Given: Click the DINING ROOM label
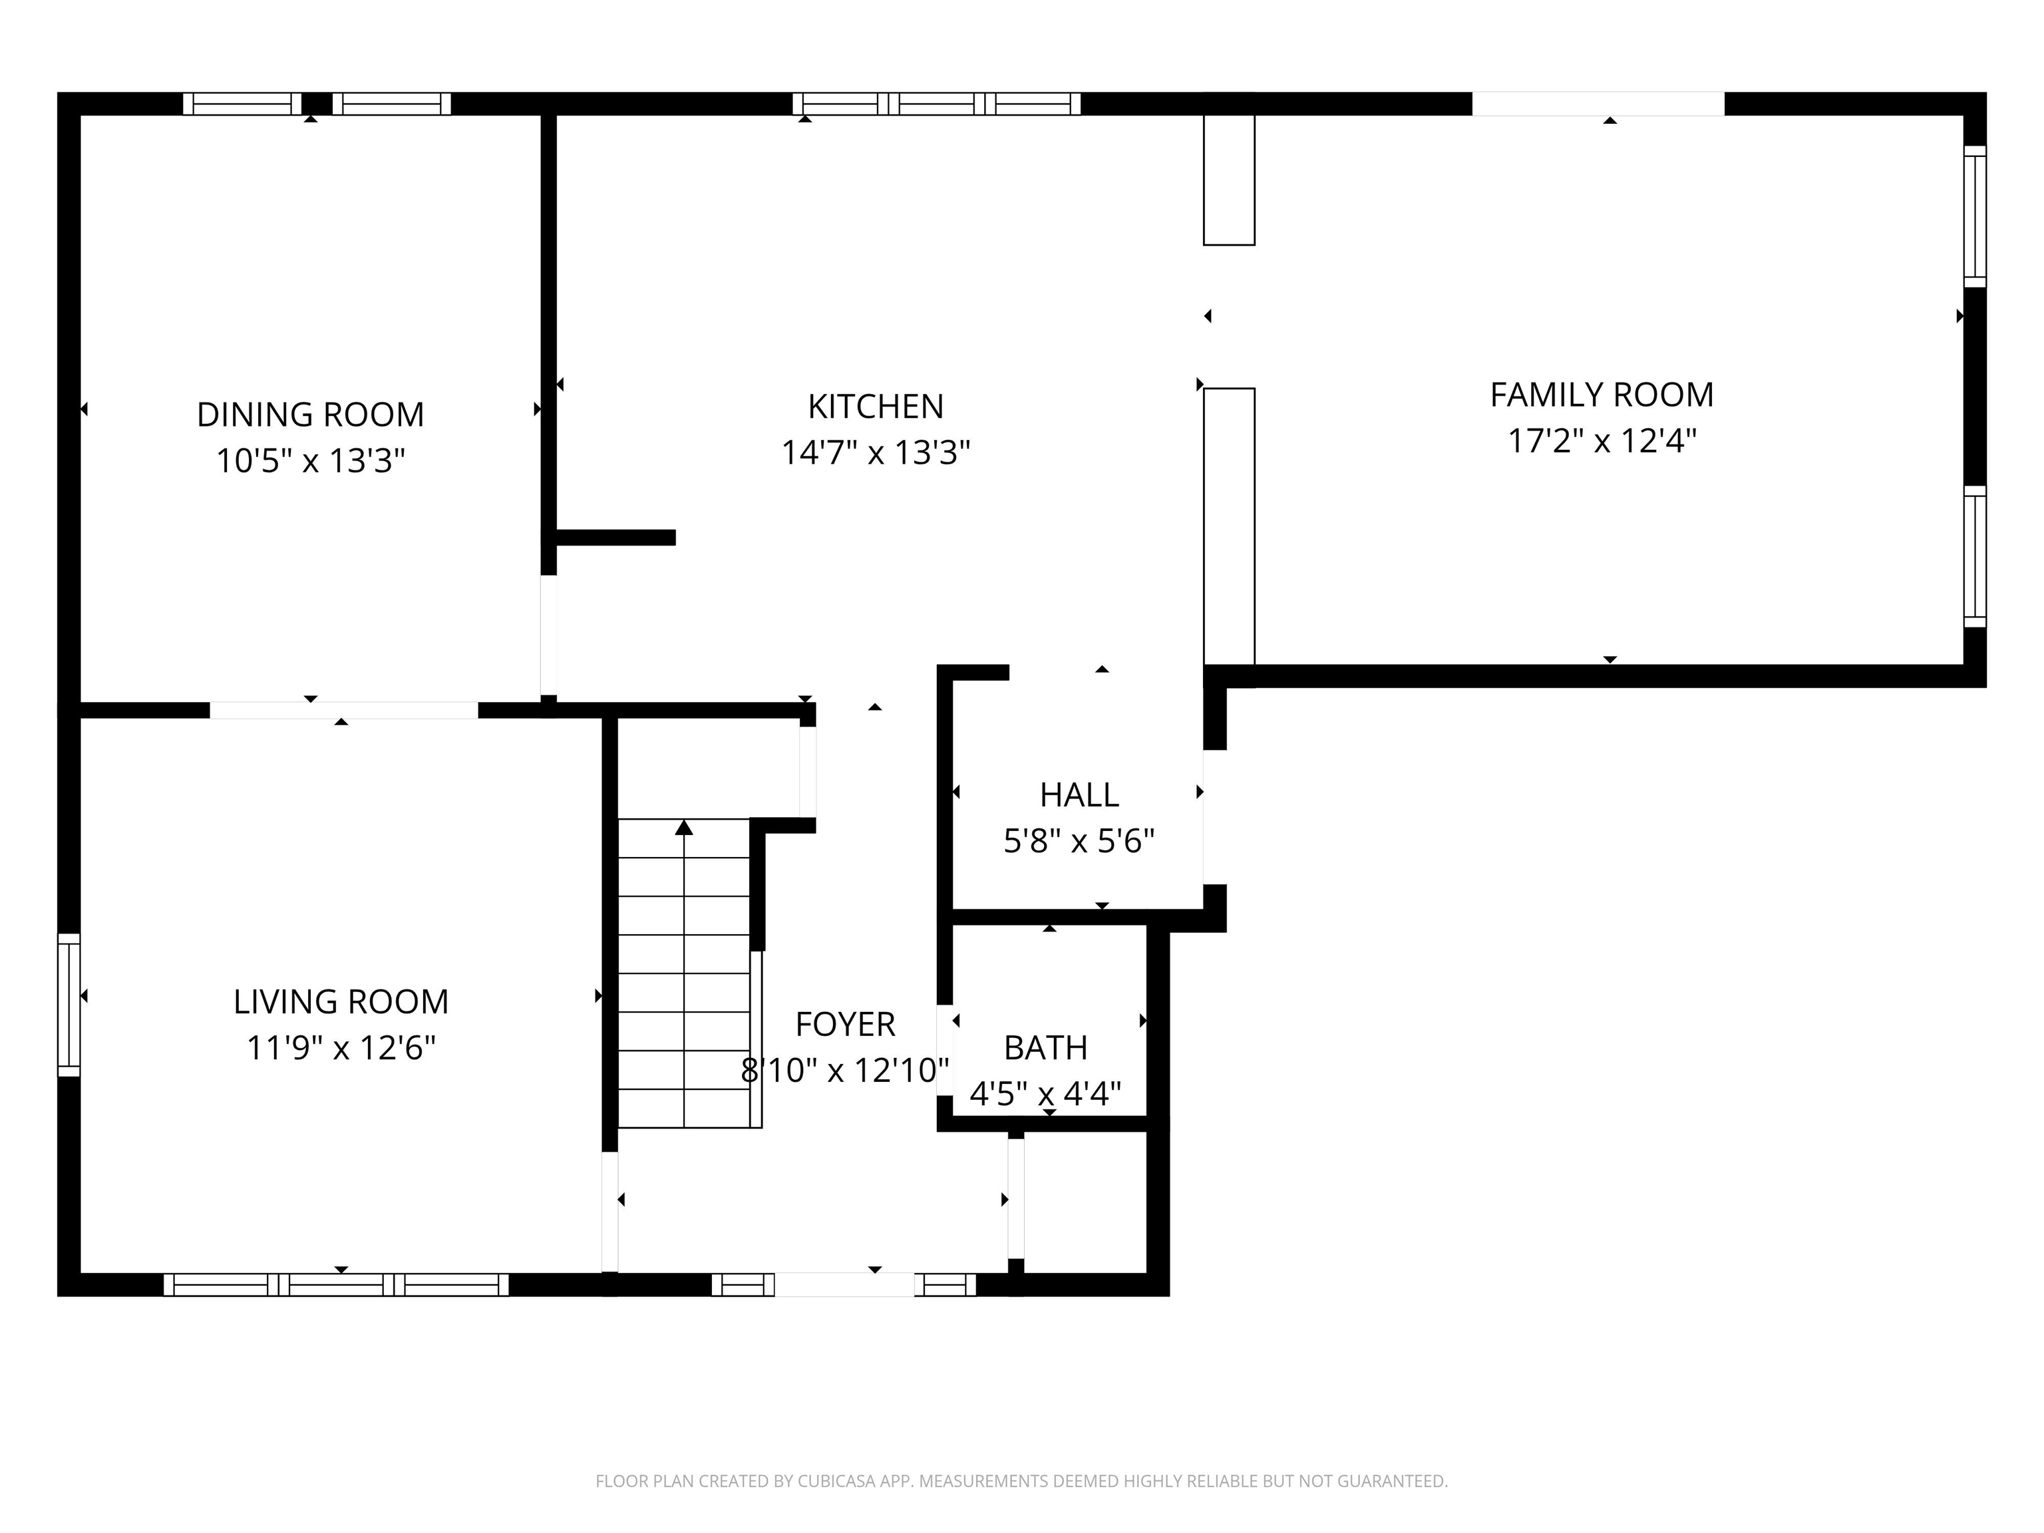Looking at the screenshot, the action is pyautogui.click(x=311, y=415).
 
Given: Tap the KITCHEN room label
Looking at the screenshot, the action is pyautogui.click(x=876, y=407).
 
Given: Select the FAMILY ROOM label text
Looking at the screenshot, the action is pyautogui.click(x=1602, y=395).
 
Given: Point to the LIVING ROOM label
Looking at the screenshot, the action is pyautogui.click(x=341, y=1001).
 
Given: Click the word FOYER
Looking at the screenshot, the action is pyautogui.click(x=846, y=1024).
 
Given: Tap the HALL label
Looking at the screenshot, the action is pyautogui.click(x=1079, y=794).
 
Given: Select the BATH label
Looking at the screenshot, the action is pyautogui.click(x=1046, y=1048).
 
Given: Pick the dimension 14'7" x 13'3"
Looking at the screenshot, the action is pyautogui.click(x=876, y=453).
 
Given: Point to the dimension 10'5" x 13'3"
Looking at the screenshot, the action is pyautogui.click(x=311, y=460).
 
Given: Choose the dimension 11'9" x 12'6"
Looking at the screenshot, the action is pyautogui.click(x=341, y=1048).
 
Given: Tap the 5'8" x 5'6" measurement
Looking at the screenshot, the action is pyautogui.click(x=1079, y=841).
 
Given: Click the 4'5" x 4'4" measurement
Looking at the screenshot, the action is pyautogui.click(x=1046, y=1094).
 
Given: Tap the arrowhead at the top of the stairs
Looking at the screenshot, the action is pyautogui.click(x=684, y=826).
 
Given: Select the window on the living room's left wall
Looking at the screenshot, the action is pyautogui.click(x=69, y=1005).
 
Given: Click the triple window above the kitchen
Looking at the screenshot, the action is pyautogui.click(x=936, y=104).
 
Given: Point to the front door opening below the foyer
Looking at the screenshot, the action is pyautogui.click(x=844, y=1284).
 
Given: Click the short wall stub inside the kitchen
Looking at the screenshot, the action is pyautogui.click(x=615, y=538).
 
